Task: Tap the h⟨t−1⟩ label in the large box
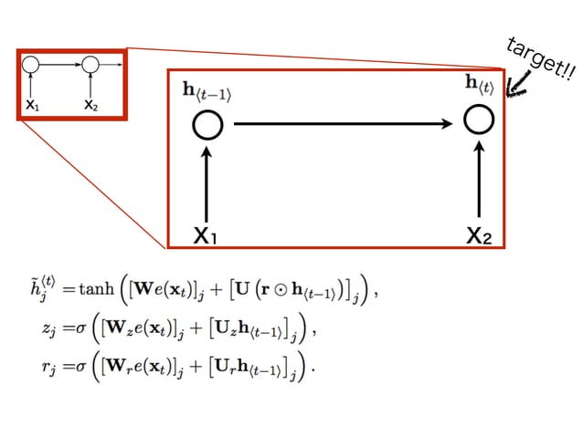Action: pyautogui.click(x=207, y=93)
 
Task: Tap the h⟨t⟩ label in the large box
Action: pyautogui.click(x=478, y=86)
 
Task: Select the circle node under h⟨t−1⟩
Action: pyautogui.click(x=207, y=126)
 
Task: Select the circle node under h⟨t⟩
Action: pyautogui.click(x=479, y=120)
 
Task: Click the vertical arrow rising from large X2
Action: pyautogui.click(x=479, y=178)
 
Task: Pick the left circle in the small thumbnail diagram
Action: pyautogui.click(x=32, y=65)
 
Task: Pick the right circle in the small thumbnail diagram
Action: pyautogui.click(x=90, y=65)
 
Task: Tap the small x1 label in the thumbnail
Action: pyautogui.click(x=33, y=106)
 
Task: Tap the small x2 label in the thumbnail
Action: pyautogui.click(x=90, y=106)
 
